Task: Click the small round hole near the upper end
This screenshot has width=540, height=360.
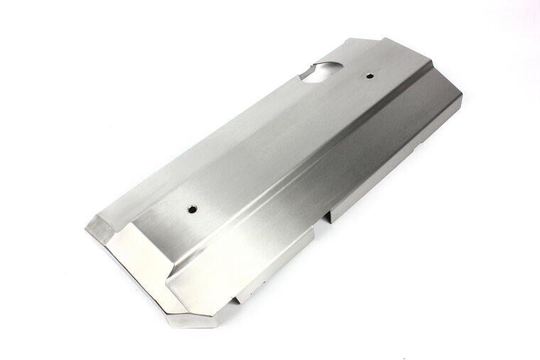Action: pos(370,75)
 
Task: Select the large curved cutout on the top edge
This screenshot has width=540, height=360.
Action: pos(324,71)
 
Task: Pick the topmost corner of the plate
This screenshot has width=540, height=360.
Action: pos(384,38)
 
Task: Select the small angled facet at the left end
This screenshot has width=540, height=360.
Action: pos(100,229)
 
